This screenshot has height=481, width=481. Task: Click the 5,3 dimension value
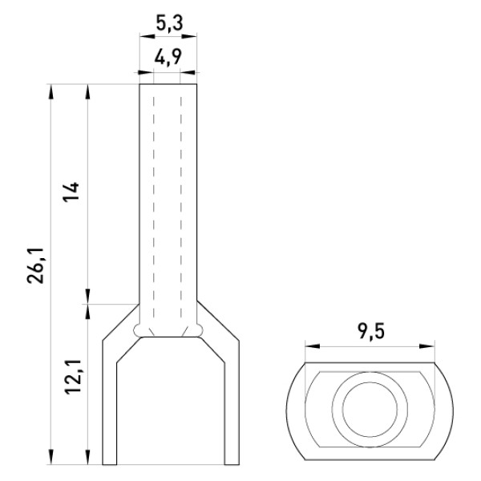(169, 23)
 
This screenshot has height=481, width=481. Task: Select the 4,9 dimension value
(168, 57)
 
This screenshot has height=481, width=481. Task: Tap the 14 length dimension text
(71, 192)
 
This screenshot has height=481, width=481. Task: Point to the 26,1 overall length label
(36, 265)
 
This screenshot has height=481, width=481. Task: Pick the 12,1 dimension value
(73, 377)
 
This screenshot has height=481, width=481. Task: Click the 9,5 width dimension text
(370, 332)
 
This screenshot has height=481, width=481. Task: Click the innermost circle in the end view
(370, 409)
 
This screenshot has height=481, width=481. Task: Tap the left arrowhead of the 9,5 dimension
(313, 346)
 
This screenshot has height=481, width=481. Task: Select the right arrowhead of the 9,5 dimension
(427, 346)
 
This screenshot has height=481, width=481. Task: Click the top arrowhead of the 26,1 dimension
(51, 91)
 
